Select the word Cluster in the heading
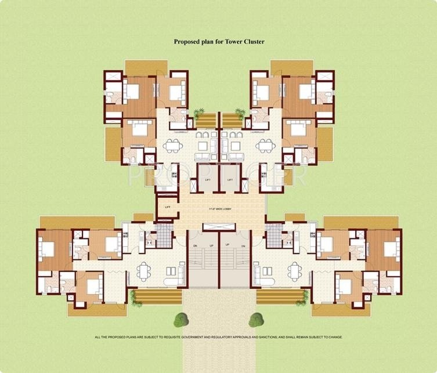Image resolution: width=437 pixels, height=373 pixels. [254, 42]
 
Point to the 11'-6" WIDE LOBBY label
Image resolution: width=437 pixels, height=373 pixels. [218, 209]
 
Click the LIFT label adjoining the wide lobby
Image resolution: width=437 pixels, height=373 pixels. [168, 207]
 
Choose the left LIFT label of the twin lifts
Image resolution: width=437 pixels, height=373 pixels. [207, 180]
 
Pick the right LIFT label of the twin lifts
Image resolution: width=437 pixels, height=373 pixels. [230, 180]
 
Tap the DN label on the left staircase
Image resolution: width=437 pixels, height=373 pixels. [195, 245]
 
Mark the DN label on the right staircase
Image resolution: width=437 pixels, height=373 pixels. [243, 245]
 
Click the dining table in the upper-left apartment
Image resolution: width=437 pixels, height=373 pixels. [171, 146]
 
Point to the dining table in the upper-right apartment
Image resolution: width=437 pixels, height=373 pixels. [266, 146]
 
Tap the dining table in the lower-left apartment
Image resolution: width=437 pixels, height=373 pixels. [143, 270]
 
